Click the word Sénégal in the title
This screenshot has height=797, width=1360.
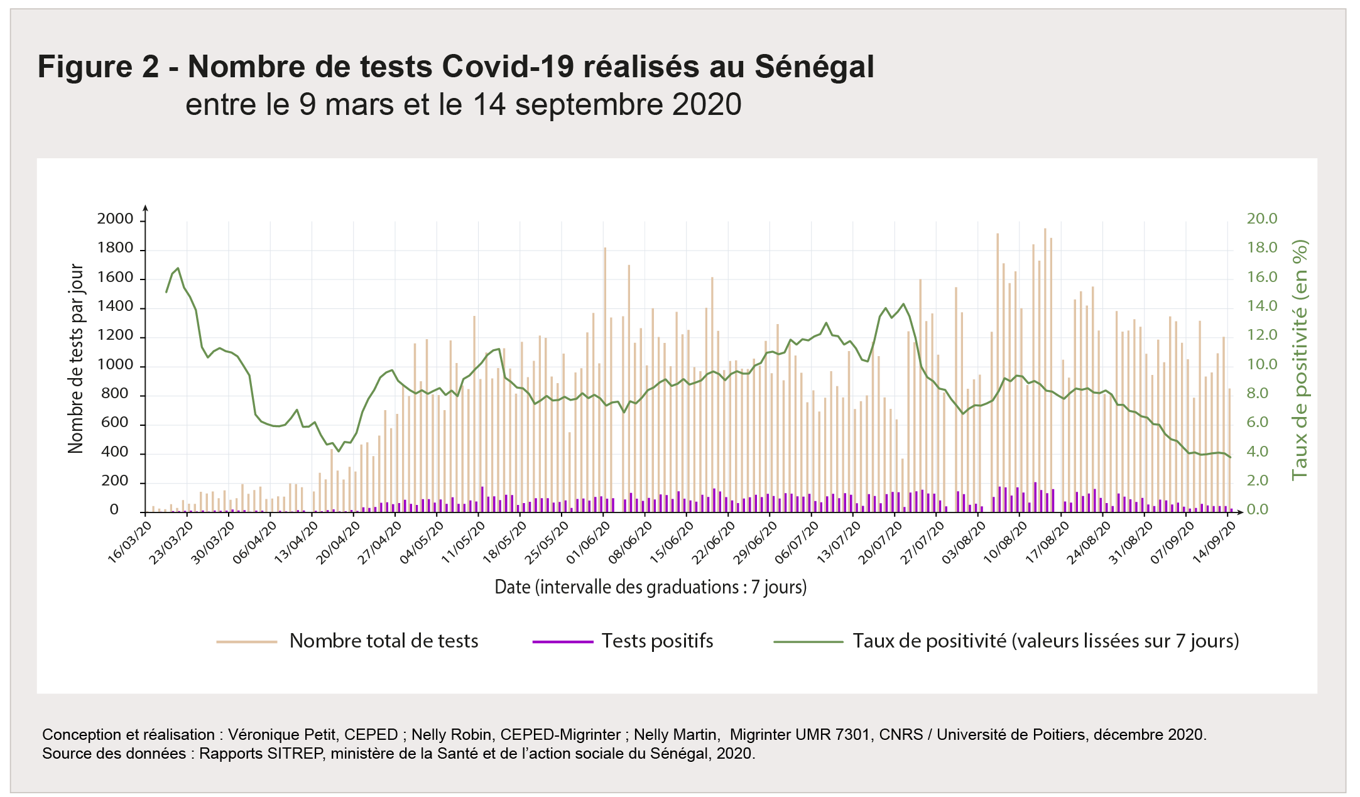(814, 67)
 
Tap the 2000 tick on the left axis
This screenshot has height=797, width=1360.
(115, 219)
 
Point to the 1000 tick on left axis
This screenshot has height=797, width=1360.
(115, 365)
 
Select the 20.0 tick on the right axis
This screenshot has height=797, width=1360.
(1262, 219)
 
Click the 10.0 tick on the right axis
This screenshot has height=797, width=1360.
(1262, 364)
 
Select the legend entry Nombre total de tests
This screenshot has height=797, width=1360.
(383, 641)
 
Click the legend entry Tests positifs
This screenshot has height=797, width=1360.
(657, 641)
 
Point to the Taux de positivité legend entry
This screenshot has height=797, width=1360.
(1045, 641)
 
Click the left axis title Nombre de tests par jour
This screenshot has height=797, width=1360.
(76, 359)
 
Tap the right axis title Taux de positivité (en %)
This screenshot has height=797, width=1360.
(1300, 360)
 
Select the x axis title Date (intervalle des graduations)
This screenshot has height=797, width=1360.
(650, 587)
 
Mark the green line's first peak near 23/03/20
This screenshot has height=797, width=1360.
(178, 269)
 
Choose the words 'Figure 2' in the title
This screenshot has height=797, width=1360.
(99, 67)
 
